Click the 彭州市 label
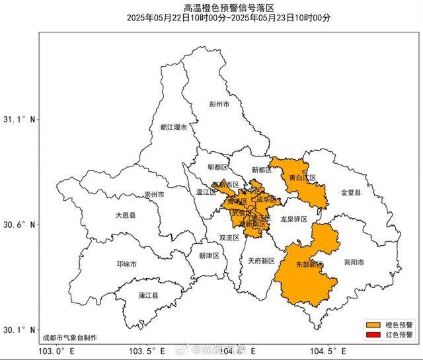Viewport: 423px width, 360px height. click(x=219, y=104)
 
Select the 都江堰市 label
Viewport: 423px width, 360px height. click(x=173, y=127)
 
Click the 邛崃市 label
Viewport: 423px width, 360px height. click(x=126, y=264)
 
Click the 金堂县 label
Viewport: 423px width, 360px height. click(x=351, y=193)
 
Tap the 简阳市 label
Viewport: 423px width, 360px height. click(x=354, y=262)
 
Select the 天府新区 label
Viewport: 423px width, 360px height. click(x=261, y=261)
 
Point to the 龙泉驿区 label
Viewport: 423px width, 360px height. click(x=294, y=219)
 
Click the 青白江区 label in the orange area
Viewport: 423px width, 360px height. click(x=303, y=178)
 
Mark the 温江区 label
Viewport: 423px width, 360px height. click(x=207, y=192)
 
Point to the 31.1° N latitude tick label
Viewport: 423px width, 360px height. click(x=19, y=120)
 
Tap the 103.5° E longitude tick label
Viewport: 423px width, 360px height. click(x=144, y=351)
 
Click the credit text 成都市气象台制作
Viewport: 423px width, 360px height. click(x=69, y=338)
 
